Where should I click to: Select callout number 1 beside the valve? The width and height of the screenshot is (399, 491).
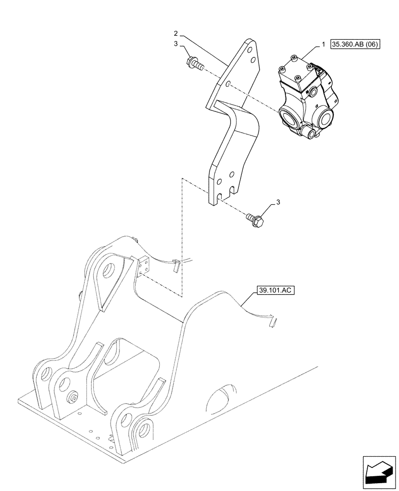tap(323, 45)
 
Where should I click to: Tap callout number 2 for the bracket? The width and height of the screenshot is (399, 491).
tap(175, 33)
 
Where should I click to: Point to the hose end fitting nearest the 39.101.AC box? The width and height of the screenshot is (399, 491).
tap(272, 322)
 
